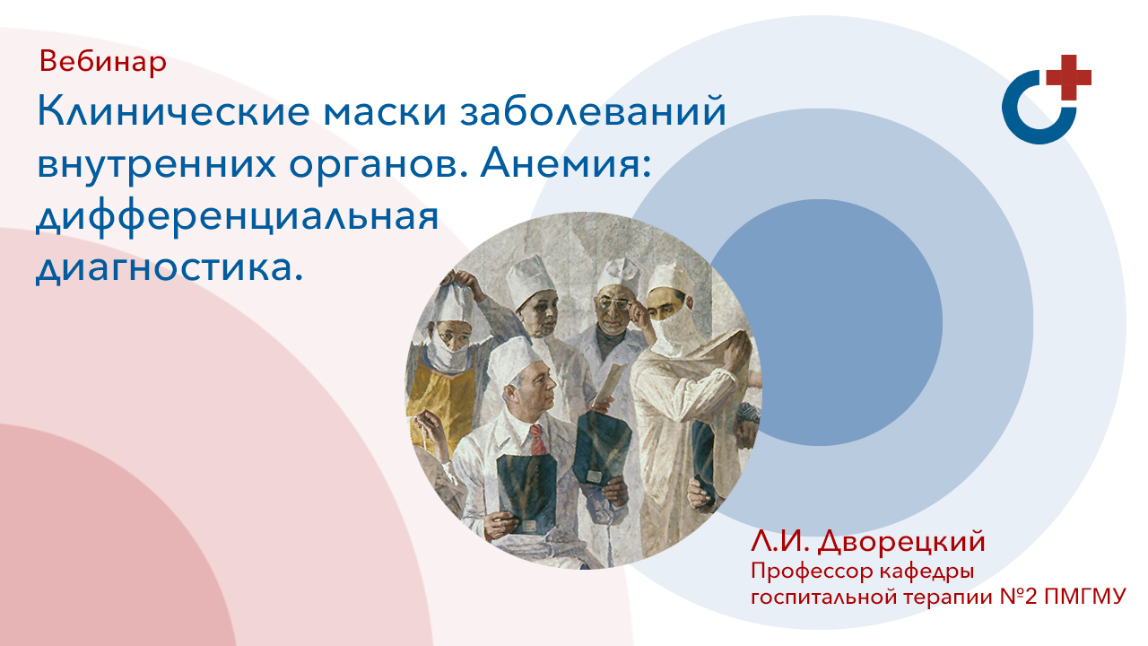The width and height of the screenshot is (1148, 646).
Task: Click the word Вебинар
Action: pyautogui.click(x=103, y=62)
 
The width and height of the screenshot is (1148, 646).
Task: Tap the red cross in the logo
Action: pyautogui.click(x=1070, y=77)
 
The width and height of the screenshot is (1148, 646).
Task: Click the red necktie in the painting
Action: pyautogui.click(x=536, y=439)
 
